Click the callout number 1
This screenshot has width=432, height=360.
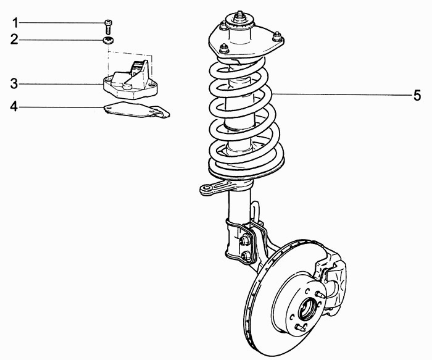[15, 23]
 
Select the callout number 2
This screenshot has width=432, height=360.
[14, 40]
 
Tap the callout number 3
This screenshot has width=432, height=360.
[14, 83]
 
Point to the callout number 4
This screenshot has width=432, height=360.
[14, 106]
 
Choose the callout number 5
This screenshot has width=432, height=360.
[417, 95]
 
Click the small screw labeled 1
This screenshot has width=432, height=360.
[108, 27]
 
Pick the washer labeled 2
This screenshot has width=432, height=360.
[109, 40]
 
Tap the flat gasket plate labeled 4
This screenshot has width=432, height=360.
[136, 110]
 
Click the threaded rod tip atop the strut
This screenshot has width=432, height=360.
[239, 14]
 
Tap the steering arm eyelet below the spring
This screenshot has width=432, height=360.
[206, 190]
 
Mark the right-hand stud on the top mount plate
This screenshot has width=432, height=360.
[276, 36]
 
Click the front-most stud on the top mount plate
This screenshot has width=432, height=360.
[224, 49]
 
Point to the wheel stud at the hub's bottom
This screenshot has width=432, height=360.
[301, 328]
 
